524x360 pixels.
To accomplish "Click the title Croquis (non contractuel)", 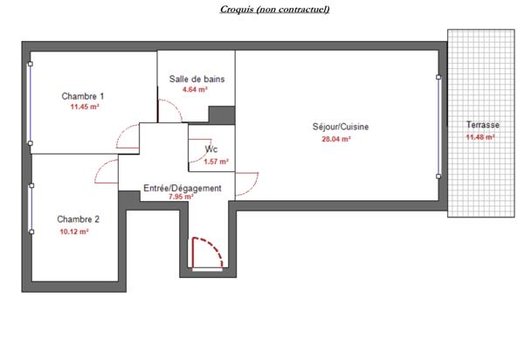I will click(x=263, y=10).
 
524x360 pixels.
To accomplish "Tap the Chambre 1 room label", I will click(x=83, y=96).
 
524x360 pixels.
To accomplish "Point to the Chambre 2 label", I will click(x=79, y=219).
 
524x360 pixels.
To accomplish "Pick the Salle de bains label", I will click(x=196, y=79).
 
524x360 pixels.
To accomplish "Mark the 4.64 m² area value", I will click(x=195, y=89).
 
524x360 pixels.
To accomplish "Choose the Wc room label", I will click(x=211, y=149).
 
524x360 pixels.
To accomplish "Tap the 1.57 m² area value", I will click(x=216, y=161).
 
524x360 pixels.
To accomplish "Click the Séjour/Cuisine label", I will click(x=341, y=127).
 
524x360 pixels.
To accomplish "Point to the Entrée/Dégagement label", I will click(x=182, y=188).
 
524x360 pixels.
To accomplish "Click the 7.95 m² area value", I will click(x=181, y=197).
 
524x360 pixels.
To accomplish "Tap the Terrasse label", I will click(x=483, y=125).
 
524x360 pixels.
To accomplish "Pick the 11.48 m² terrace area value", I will click(x=480, y=136).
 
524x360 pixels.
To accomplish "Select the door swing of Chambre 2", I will click(x=107, y=171).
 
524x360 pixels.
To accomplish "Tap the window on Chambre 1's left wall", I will click(x=31, y=103).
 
